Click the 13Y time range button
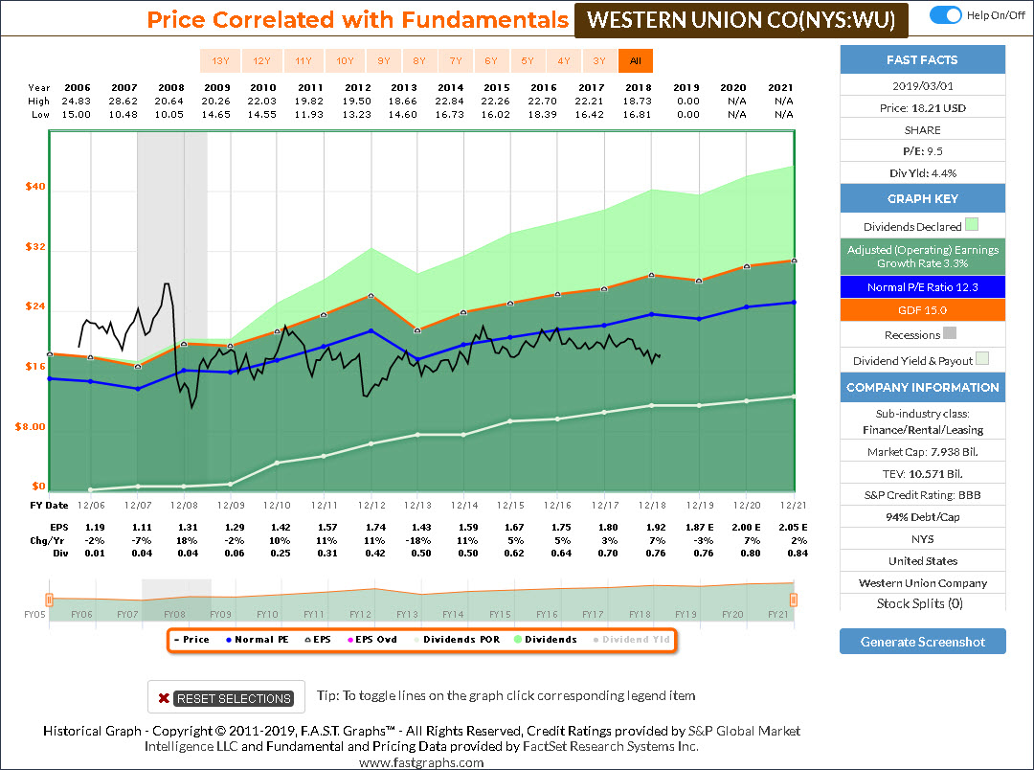coord(220,61)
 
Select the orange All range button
coord(635,61)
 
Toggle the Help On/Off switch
coord(946,14)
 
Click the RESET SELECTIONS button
coord(226,698)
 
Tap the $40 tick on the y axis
coord(34,188)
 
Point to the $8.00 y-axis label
coord(31,427)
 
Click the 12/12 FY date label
coord(371,505)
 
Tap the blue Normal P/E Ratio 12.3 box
coord(923,287)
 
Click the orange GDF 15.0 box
coord(923,310)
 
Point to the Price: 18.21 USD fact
coord(923,108)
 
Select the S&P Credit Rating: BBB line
coord(923,495)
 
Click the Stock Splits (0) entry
coord(923,603)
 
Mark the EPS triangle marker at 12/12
coord(372,296)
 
